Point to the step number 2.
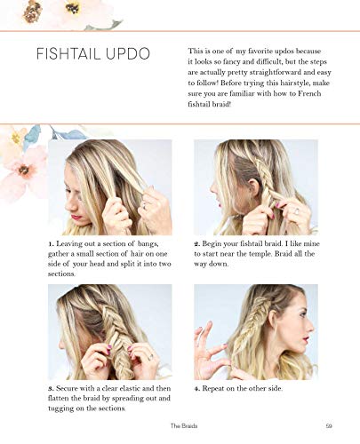(196, 242)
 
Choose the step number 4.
(196, 388)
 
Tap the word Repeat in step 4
(218, 388)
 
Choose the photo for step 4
(255, 331)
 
